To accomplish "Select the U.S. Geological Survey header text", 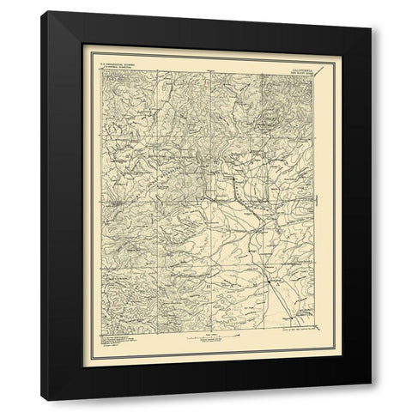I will tap(120, 71).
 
